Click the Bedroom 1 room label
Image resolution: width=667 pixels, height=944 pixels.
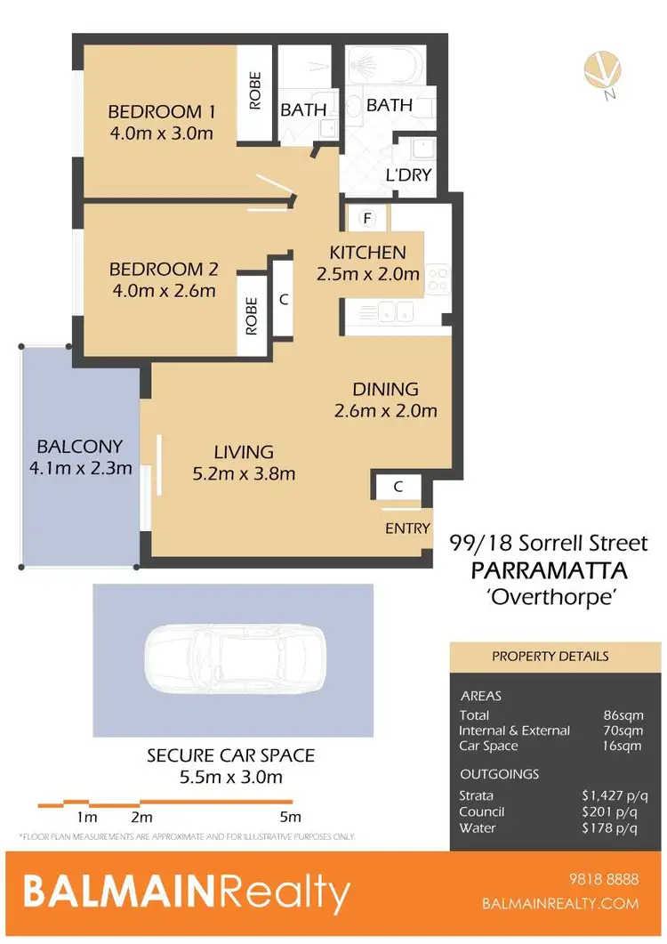(162, 112)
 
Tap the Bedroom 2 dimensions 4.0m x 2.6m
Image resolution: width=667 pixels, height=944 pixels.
(162, 291)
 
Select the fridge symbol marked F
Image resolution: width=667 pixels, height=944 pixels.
(366, 217)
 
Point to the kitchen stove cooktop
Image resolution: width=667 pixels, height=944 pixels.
(438, 278)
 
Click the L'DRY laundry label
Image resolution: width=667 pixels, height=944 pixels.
(409, 174)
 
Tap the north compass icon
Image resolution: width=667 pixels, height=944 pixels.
(602, 72)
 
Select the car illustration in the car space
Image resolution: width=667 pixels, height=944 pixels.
(233, 648)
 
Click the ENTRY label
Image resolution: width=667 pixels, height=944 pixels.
(407, 528)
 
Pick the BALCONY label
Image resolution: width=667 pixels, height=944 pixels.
(79, 446)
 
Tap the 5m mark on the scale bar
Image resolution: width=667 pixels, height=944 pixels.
(290, 817)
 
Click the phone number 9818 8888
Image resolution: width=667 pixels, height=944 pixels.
(603, 880)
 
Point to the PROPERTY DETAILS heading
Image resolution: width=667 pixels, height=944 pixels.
(550, 657)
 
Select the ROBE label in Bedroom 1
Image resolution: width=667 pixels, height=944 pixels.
(254, 92)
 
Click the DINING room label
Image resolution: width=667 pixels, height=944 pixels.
(385, 389)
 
